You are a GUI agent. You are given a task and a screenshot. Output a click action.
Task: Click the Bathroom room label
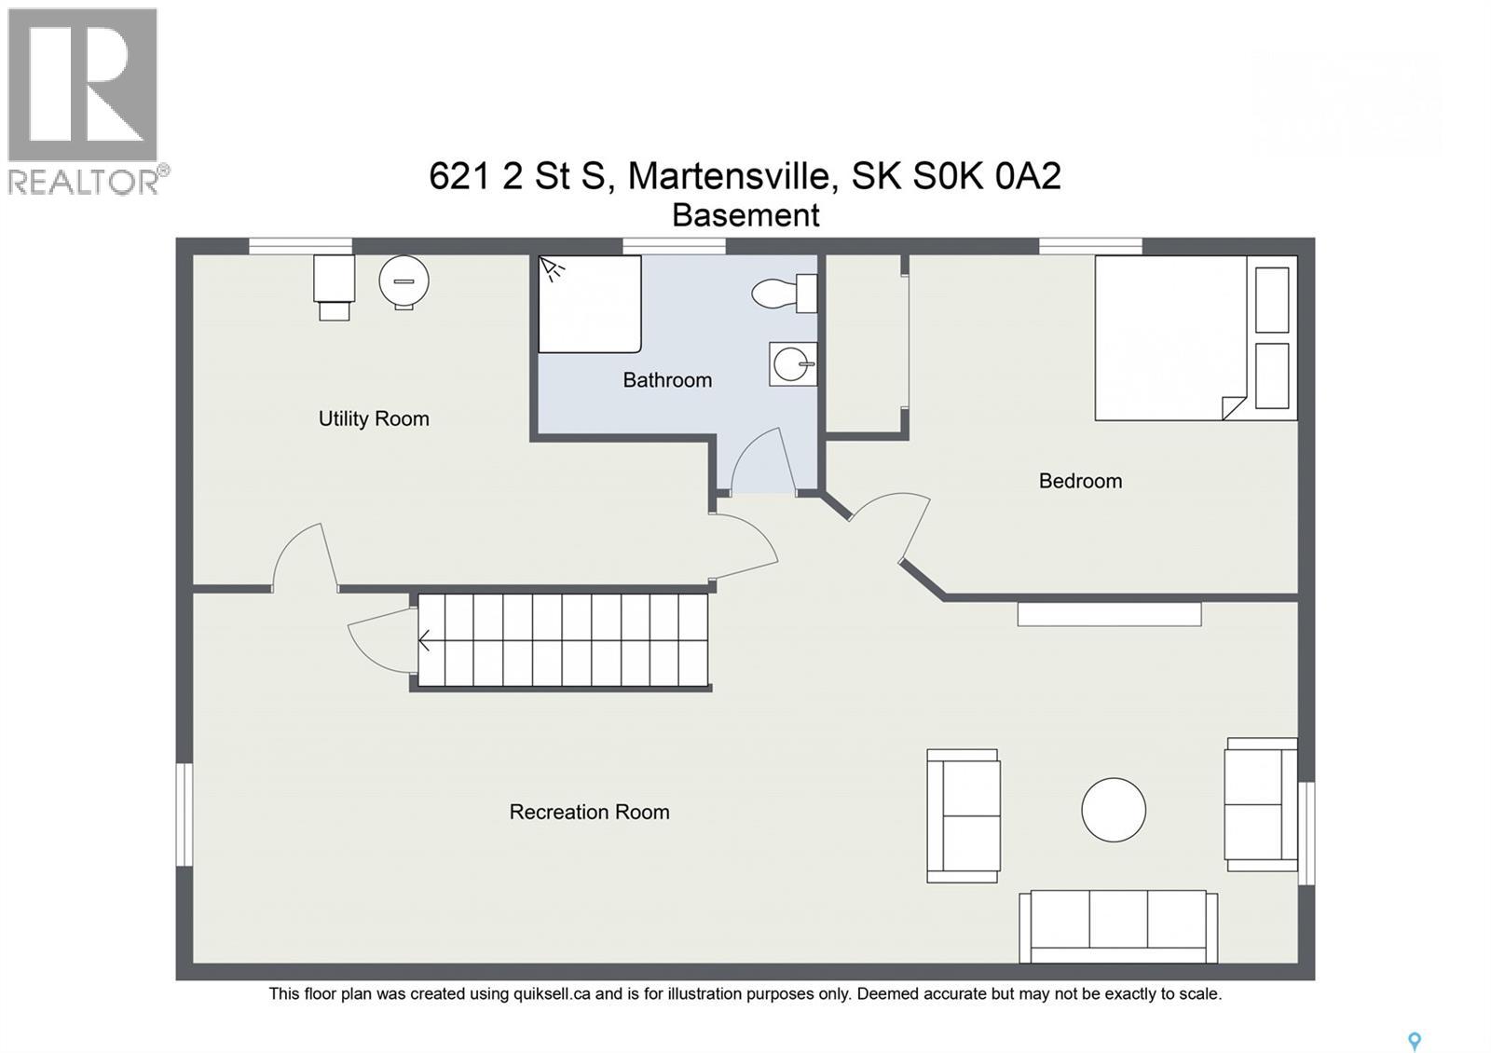click(667, 380)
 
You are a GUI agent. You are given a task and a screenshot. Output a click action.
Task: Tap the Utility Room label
click(374, 419)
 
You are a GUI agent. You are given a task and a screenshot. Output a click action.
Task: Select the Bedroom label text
click(1080, 481)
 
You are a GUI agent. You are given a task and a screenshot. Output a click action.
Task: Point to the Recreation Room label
click(589, 812)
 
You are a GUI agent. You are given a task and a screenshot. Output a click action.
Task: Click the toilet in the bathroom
click(784, 294)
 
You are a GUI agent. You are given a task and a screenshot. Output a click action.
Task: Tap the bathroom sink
click(792, 364)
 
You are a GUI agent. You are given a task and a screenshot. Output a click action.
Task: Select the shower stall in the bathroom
click(589, 305)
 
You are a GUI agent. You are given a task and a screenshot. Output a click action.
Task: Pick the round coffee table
click(1114, 810)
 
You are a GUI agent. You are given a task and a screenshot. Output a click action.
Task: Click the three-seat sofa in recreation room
click(1118, 926)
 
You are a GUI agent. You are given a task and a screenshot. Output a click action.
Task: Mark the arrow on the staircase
click(425, 641)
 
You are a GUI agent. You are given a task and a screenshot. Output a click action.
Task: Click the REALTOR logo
click(85, 101)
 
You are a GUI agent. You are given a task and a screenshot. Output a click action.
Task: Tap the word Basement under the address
click(745, 215)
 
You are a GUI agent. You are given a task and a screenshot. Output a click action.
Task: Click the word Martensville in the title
click(729, 176)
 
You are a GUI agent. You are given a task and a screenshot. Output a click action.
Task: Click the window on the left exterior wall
click(185, 814)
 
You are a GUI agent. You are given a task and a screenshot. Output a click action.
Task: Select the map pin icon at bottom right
click(1414, 1041)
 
